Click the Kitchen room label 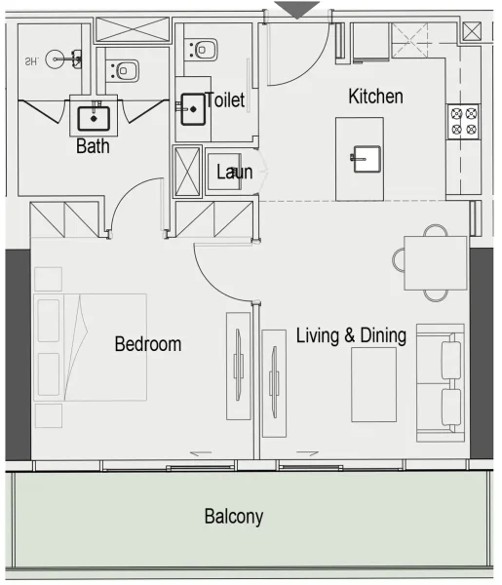(x=375, y=97)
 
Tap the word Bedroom (x=148, y=344)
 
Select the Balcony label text (x=234, y=517)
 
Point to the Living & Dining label (x=351, y=336)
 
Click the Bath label (x=93, y=148)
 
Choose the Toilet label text (x=225, y=100)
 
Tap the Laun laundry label (x=234, y=173)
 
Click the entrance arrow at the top (x=295, y=9)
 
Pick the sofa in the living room (x=441, y=380)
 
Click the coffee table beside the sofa (x=373, y=384)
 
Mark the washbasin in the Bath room (x=95, y=118)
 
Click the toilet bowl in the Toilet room (x=205, y=46)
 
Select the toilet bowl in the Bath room (x=125, y=70)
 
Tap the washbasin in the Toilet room (x=192, y=109)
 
